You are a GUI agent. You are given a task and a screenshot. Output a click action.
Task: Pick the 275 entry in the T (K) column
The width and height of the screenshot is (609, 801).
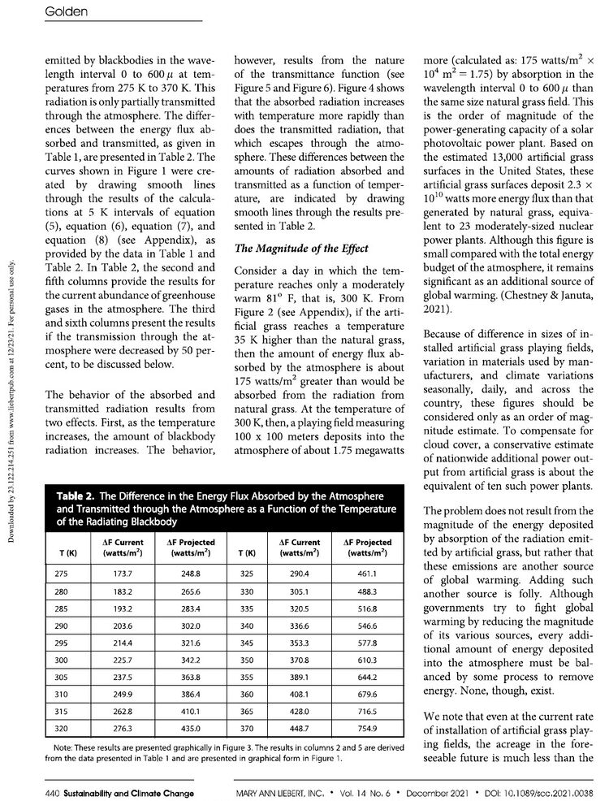point(61,574)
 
